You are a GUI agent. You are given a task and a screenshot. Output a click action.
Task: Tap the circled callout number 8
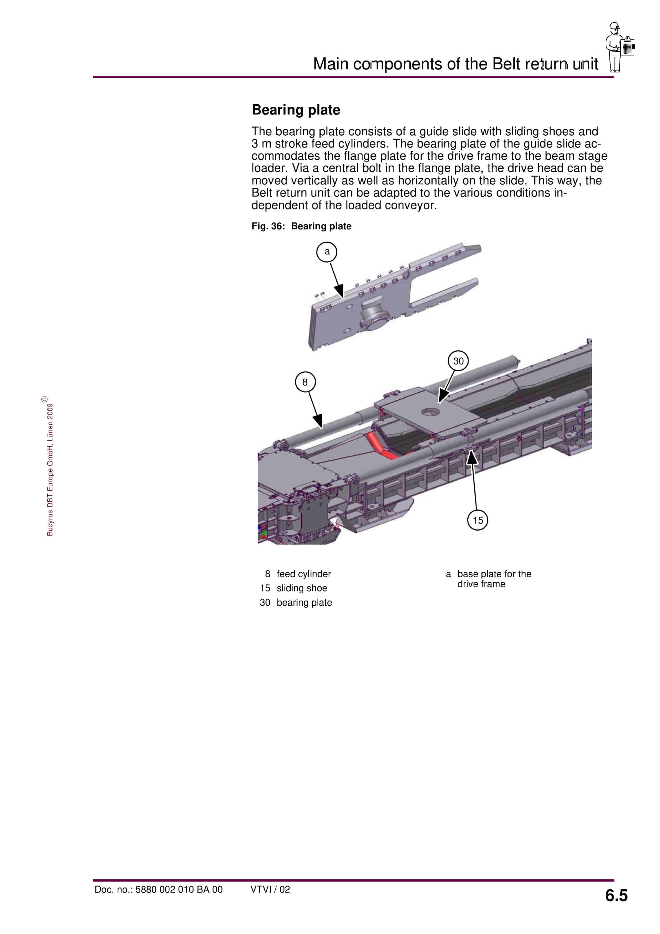[x=305, y=382]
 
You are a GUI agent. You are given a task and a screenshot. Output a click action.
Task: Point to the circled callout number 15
[x=478, y=520]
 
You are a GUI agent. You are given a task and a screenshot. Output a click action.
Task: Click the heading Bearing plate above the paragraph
[x=296, y=110]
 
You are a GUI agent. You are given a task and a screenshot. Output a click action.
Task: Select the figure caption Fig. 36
[x=301, y=226]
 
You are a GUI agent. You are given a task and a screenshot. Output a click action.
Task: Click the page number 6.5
[x=616, y=895]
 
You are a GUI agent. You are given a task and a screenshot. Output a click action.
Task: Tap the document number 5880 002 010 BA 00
[x=159, y=889]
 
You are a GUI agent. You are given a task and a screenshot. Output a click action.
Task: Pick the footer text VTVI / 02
[x=270, y=889]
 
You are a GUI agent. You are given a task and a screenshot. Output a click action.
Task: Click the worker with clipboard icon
[x=619, y=47]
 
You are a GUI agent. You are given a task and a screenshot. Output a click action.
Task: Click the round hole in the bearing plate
[x=430, y=412]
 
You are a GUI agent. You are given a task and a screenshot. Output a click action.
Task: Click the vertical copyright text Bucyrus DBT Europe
[x=50, y=468]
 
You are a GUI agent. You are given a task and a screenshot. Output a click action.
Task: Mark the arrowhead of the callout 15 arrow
[x=472, y=457]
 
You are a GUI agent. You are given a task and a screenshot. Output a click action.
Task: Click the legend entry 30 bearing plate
[x=296, y=602]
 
